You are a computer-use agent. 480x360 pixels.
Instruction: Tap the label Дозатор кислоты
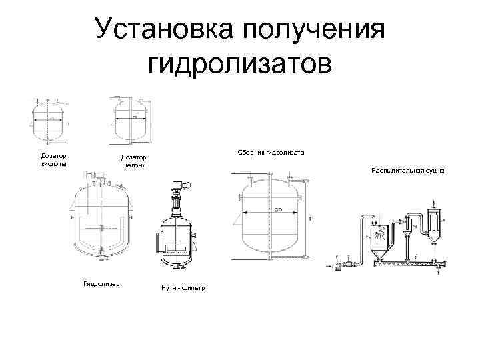click(53, 159)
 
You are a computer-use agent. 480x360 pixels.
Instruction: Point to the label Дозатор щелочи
click(133, 161)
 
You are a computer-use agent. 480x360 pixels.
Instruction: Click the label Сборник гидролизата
click(271, 153)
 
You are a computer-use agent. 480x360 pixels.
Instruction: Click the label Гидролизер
click(101, 283)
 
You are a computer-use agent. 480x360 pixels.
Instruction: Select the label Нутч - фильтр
click(183, 287)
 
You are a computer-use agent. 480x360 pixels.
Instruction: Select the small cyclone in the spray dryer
click(409, 230)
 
